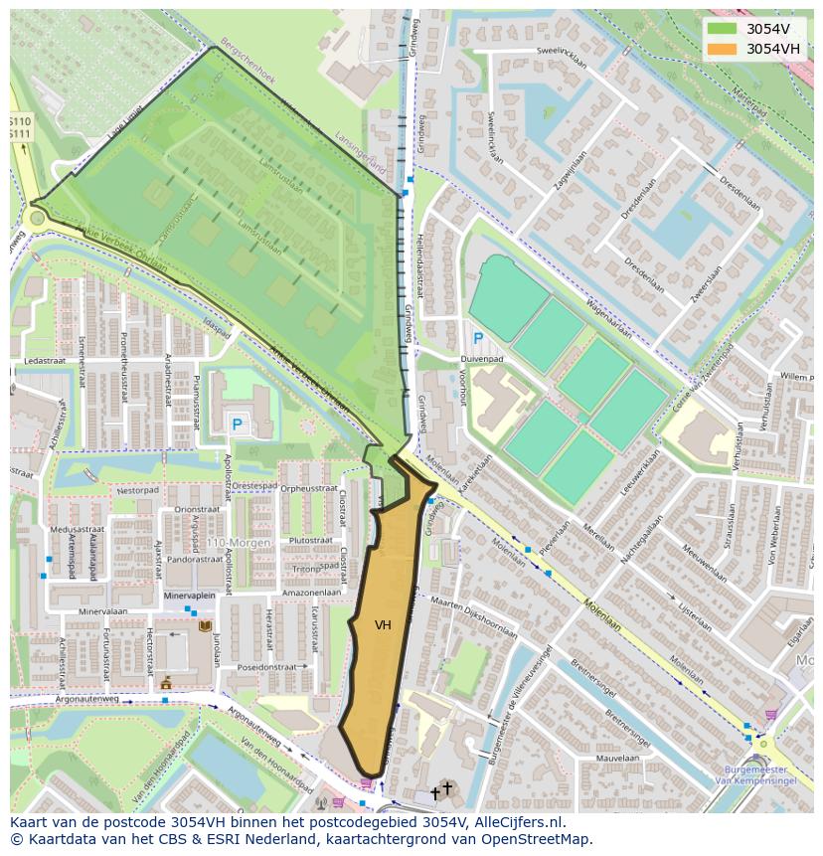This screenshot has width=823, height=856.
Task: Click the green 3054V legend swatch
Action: point(724,29)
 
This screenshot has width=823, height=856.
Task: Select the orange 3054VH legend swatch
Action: point(724,49)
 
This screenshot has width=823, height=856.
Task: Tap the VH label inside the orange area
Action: point(383,625)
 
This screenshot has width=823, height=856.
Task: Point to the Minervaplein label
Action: point(189,596)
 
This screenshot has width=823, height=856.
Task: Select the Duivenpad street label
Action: point(481,359)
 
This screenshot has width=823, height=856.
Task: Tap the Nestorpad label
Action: point(137,490)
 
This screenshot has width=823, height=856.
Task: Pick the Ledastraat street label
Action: point(43,361)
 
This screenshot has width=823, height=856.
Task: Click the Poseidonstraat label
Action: point(268,667)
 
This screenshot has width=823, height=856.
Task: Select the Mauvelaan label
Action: point(618,758)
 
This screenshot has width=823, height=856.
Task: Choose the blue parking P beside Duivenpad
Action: point(478,339)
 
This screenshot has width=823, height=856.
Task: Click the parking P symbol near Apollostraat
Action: point(237,425)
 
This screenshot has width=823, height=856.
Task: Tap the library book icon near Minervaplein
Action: point(206,626)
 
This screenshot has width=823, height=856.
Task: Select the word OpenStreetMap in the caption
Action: point(537,839)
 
